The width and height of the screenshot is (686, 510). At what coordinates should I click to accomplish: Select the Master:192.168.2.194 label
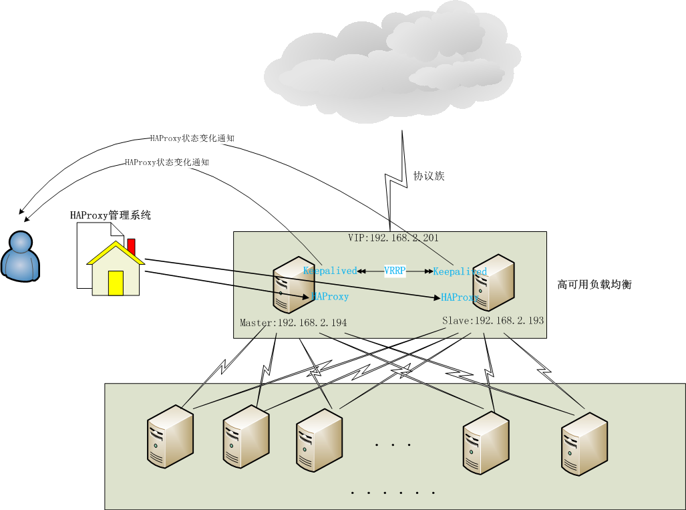click(x=293, y=323)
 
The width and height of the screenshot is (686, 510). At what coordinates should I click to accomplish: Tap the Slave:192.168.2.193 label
click(x=493, y=321)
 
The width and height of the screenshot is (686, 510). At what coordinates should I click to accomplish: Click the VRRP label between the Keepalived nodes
click(x=395, y=271)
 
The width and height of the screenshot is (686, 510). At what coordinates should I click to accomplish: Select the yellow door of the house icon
click(x=116, y=283)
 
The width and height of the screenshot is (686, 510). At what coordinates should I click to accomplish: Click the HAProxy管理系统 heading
click(x=110, y=215)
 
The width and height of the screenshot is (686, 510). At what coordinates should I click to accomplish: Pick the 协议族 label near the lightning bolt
click(x=429, y=176)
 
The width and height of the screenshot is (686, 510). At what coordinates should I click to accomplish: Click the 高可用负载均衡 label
click(x=594, y=285)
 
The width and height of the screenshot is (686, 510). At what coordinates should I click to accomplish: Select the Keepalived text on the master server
click(x=330, y=271)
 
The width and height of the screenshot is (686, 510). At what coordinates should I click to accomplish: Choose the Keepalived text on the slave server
click(x=460, y=271)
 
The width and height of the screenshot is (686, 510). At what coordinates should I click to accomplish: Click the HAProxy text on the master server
click(x=330, y=296)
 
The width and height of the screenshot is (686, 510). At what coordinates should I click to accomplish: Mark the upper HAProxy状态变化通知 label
click(x=192, y=138)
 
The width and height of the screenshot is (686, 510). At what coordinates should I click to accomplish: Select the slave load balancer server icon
click(x=495, y=284)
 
